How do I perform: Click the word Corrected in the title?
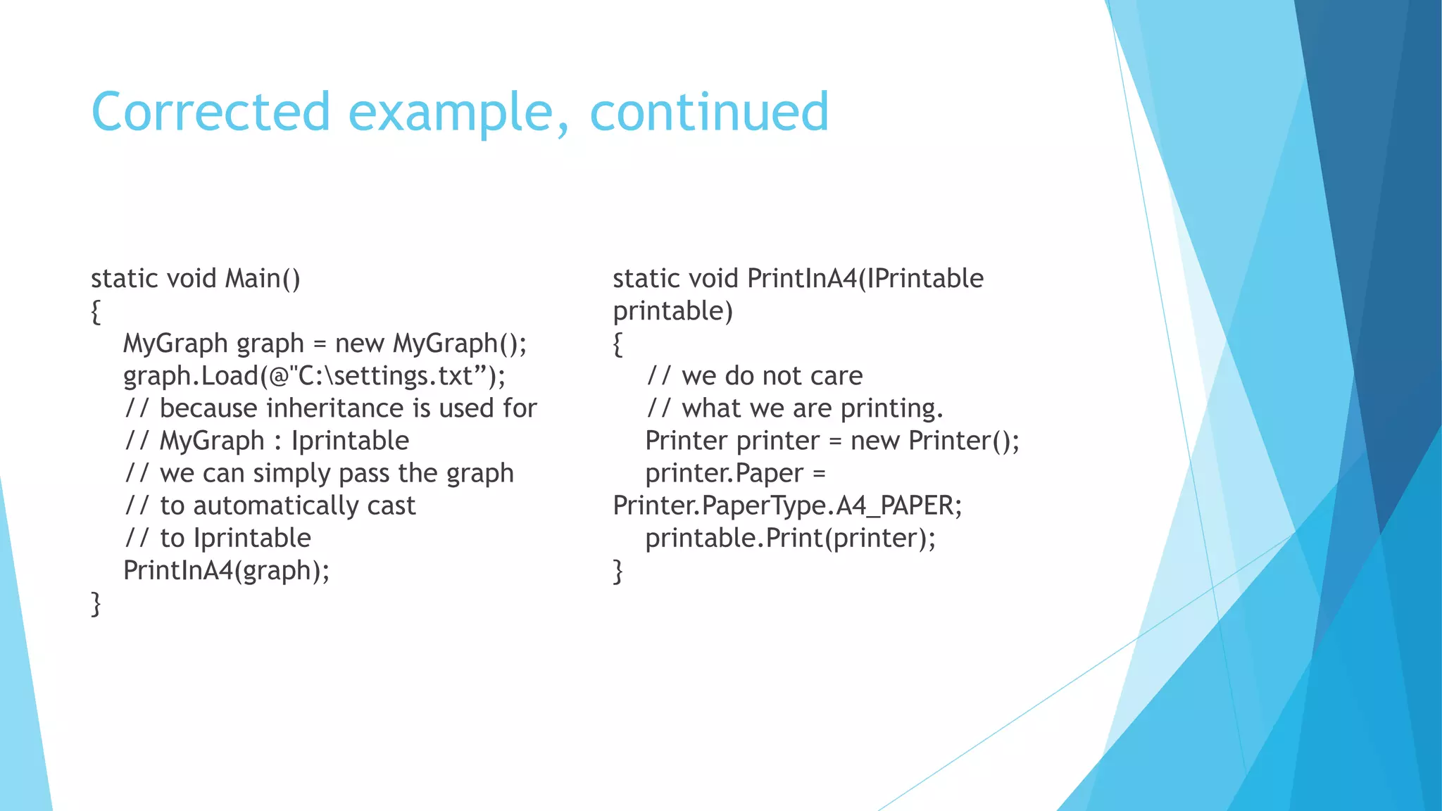click(211, 112)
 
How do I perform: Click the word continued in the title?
click(709, 112)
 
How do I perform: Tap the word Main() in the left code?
click(263, 279)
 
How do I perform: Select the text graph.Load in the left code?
click(191, 376)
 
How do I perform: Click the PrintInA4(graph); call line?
click(226, 570)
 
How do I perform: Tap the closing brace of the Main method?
click(96, 604)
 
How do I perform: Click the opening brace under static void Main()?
click(96, 312)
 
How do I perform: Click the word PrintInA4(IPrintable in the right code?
click(865, 279)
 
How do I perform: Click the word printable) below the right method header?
click(672, 311)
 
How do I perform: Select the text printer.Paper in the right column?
click(724, 473)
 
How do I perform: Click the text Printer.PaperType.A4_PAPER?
click(786, 505)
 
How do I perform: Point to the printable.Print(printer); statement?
click(790, 538)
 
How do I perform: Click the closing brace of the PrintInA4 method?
click(617, 571)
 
